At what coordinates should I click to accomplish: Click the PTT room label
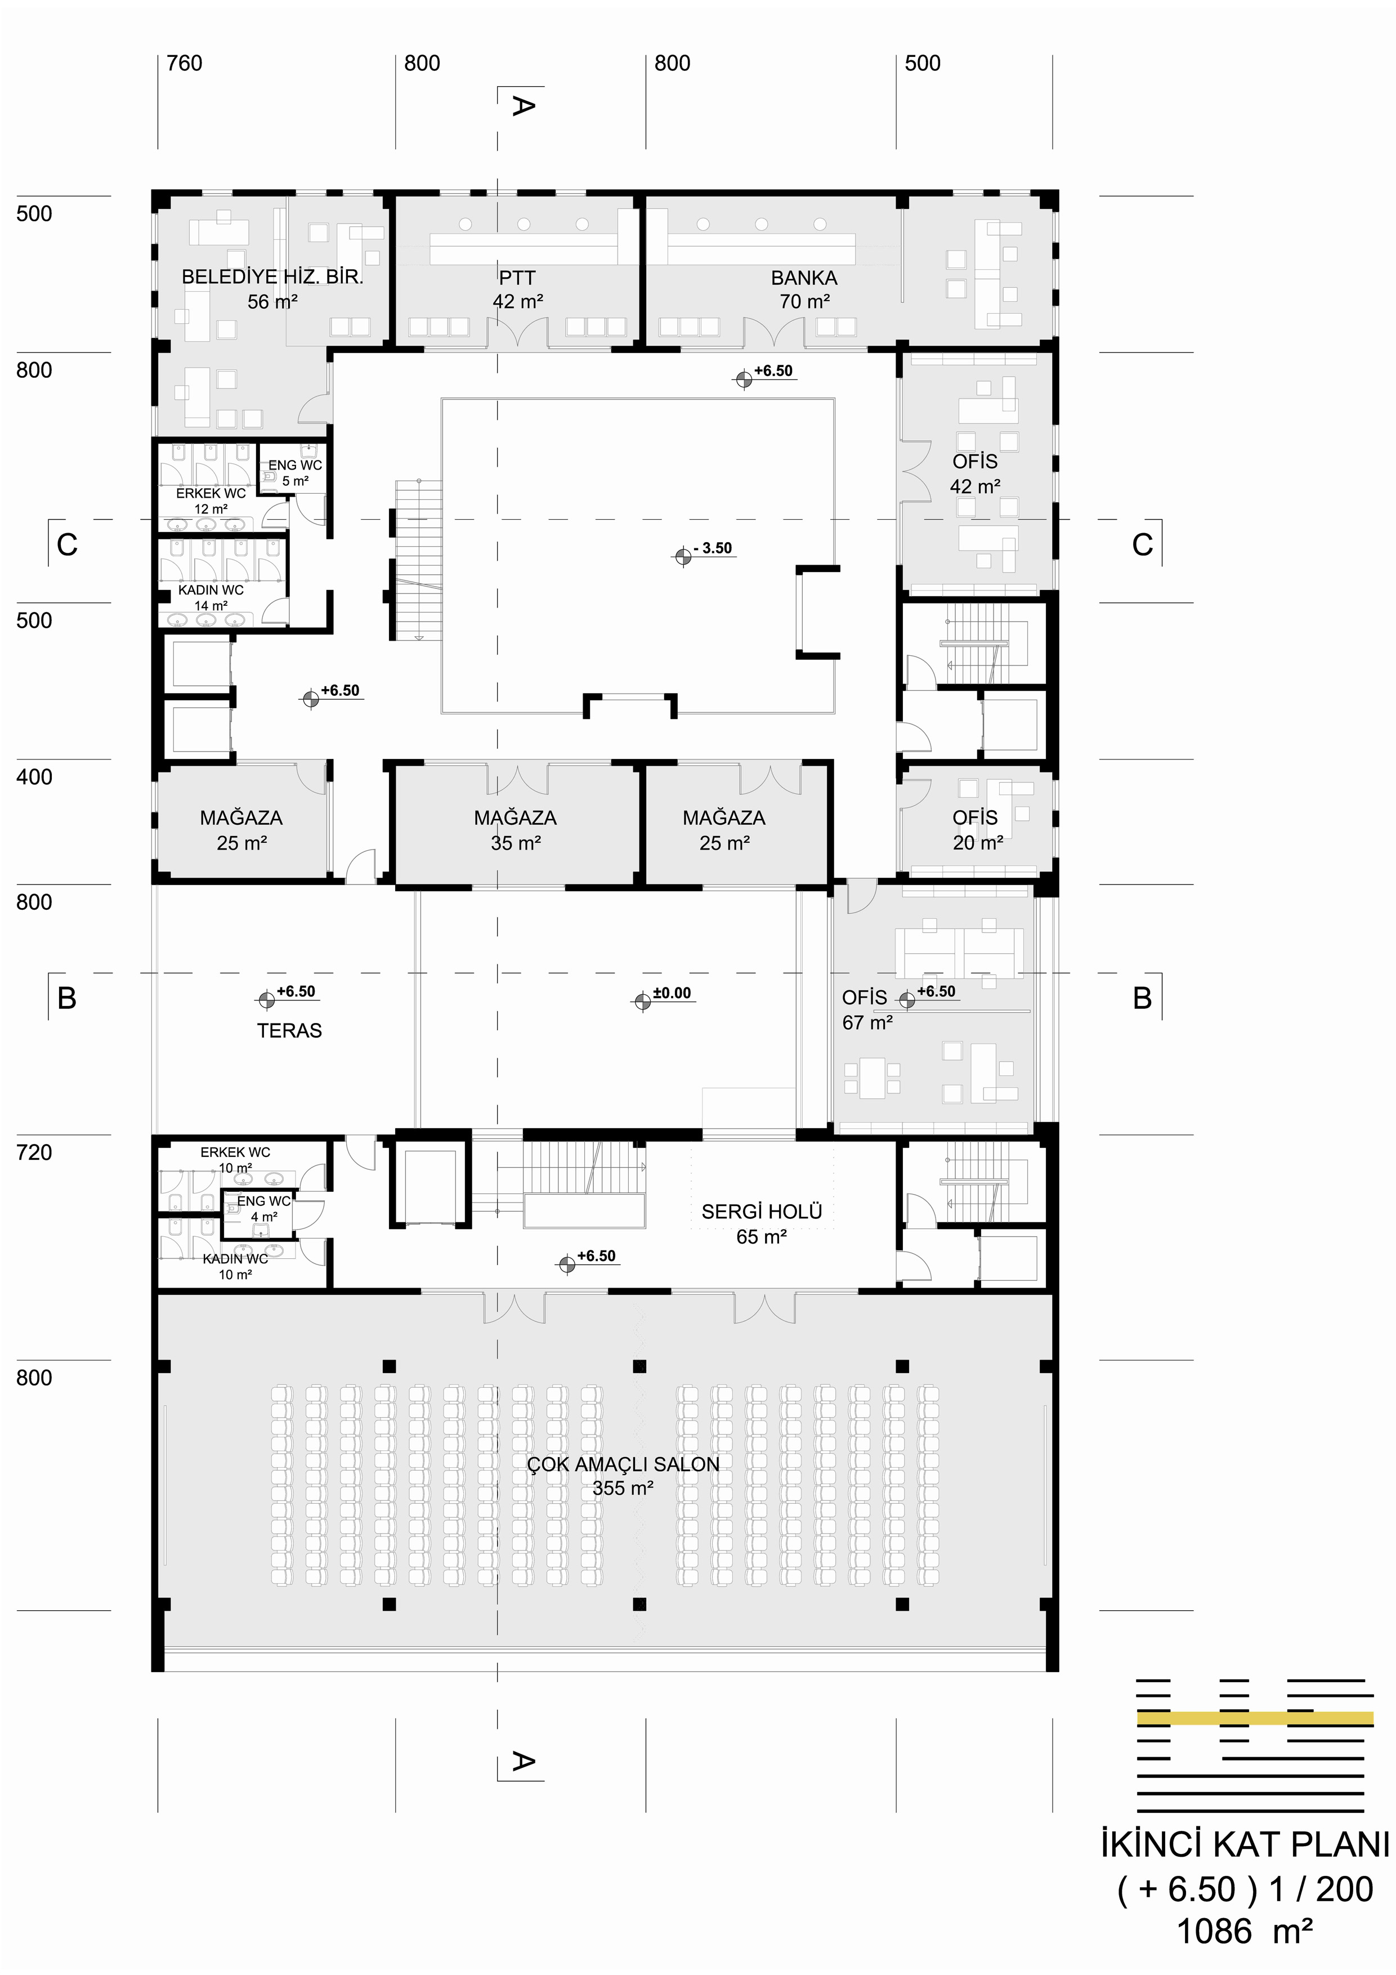[517, 278]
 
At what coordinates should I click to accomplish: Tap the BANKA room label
[804, 278]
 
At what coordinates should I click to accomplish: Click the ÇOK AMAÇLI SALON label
[624, 1464]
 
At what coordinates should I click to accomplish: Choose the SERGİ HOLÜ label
[762, 1212]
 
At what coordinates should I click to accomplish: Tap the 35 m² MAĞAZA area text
[516, 843]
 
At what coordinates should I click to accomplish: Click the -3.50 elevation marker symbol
[683, 557]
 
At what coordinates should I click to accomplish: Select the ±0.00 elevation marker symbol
[642, 1001]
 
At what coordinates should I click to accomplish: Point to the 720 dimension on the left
[34, 1152]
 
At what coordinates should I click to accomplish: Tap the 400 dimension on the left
[34, 777]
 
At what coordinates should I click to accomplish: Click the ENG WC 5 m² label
[295, 473]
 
